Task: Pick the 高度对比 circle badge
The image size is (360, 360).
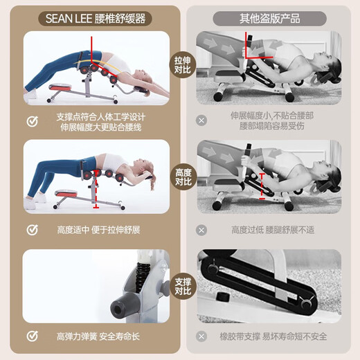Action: (182, 177)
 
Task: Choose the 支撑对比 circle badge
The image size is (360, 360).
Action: (182, 286)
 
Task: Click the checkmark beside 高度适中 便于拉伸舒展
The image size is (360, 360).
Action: (32, 229)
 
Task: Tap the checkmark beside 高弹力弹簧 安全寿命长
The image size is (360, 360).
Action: (32, 337)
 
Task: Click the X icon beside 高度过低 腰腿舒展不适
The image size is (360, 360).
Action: (201, 229)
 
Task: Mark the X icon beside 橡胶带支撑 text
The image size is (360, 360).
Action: (201, 337)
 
